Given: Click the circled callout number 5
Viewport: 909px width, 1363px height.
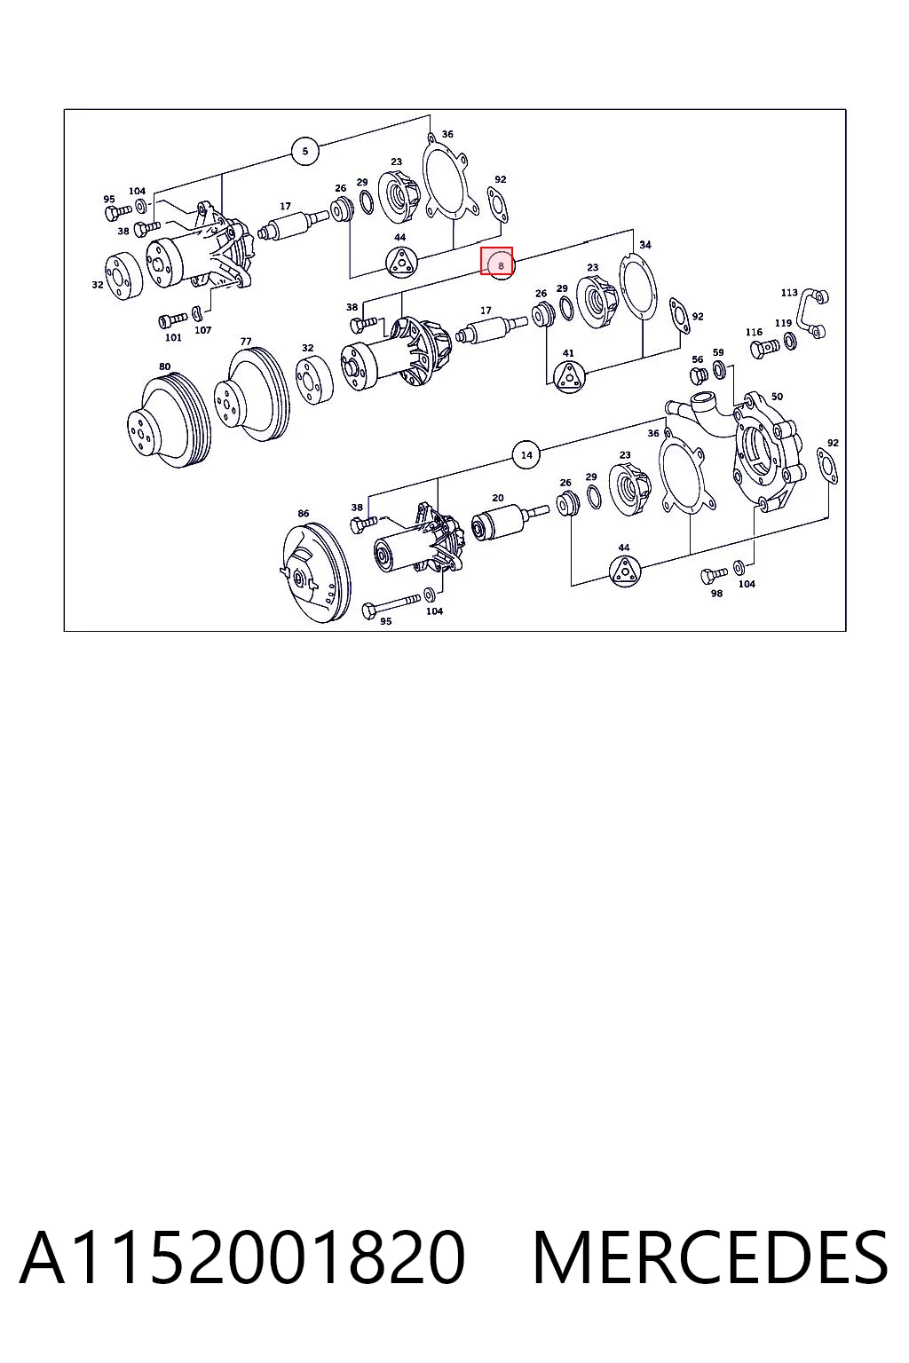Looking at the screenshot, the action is pyautogui.click(x=305, y=151).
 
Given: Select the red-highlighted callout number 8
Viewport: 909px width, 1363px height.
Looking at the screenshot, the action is pyautogui.click(x=501, y=265).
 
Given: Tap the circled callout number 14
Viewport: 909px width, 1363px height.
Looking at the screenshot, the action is pyautogui.click(x=526, y=454).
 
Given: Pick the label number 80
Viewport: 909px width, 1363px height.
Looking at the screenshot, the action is pyautogui.click(x=164, y=366).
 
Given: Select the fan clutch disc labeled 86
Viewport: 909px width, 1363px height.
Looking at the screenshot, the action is pyautogui.click(x=317, y=572).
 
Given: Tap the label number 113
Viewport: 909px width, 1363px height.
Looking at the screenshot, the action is pyautogui.click(x=789, y=293).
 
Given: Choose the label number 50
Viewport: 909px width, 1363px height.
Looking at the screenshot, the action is pyautogui.click(x=777, y=396).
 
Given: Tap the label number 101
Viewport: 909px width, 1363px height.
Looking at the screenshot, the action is pyautogui.click(x=173, y=337).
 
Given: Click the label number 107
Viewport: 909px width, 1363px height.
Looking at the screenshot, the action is pyautogui.click(x=202, y=330).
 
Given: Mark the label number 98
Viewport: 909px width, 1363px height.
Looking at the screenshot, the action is pyautogui.click(x=716, y=594).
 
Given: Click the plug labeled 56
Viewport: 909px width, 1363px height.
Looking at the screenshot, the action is pyautogui.click(x=697, y=375).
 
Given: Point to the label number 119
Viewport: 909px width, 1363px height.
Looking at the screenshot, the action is pyautogui.click(x=783, y=323).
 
